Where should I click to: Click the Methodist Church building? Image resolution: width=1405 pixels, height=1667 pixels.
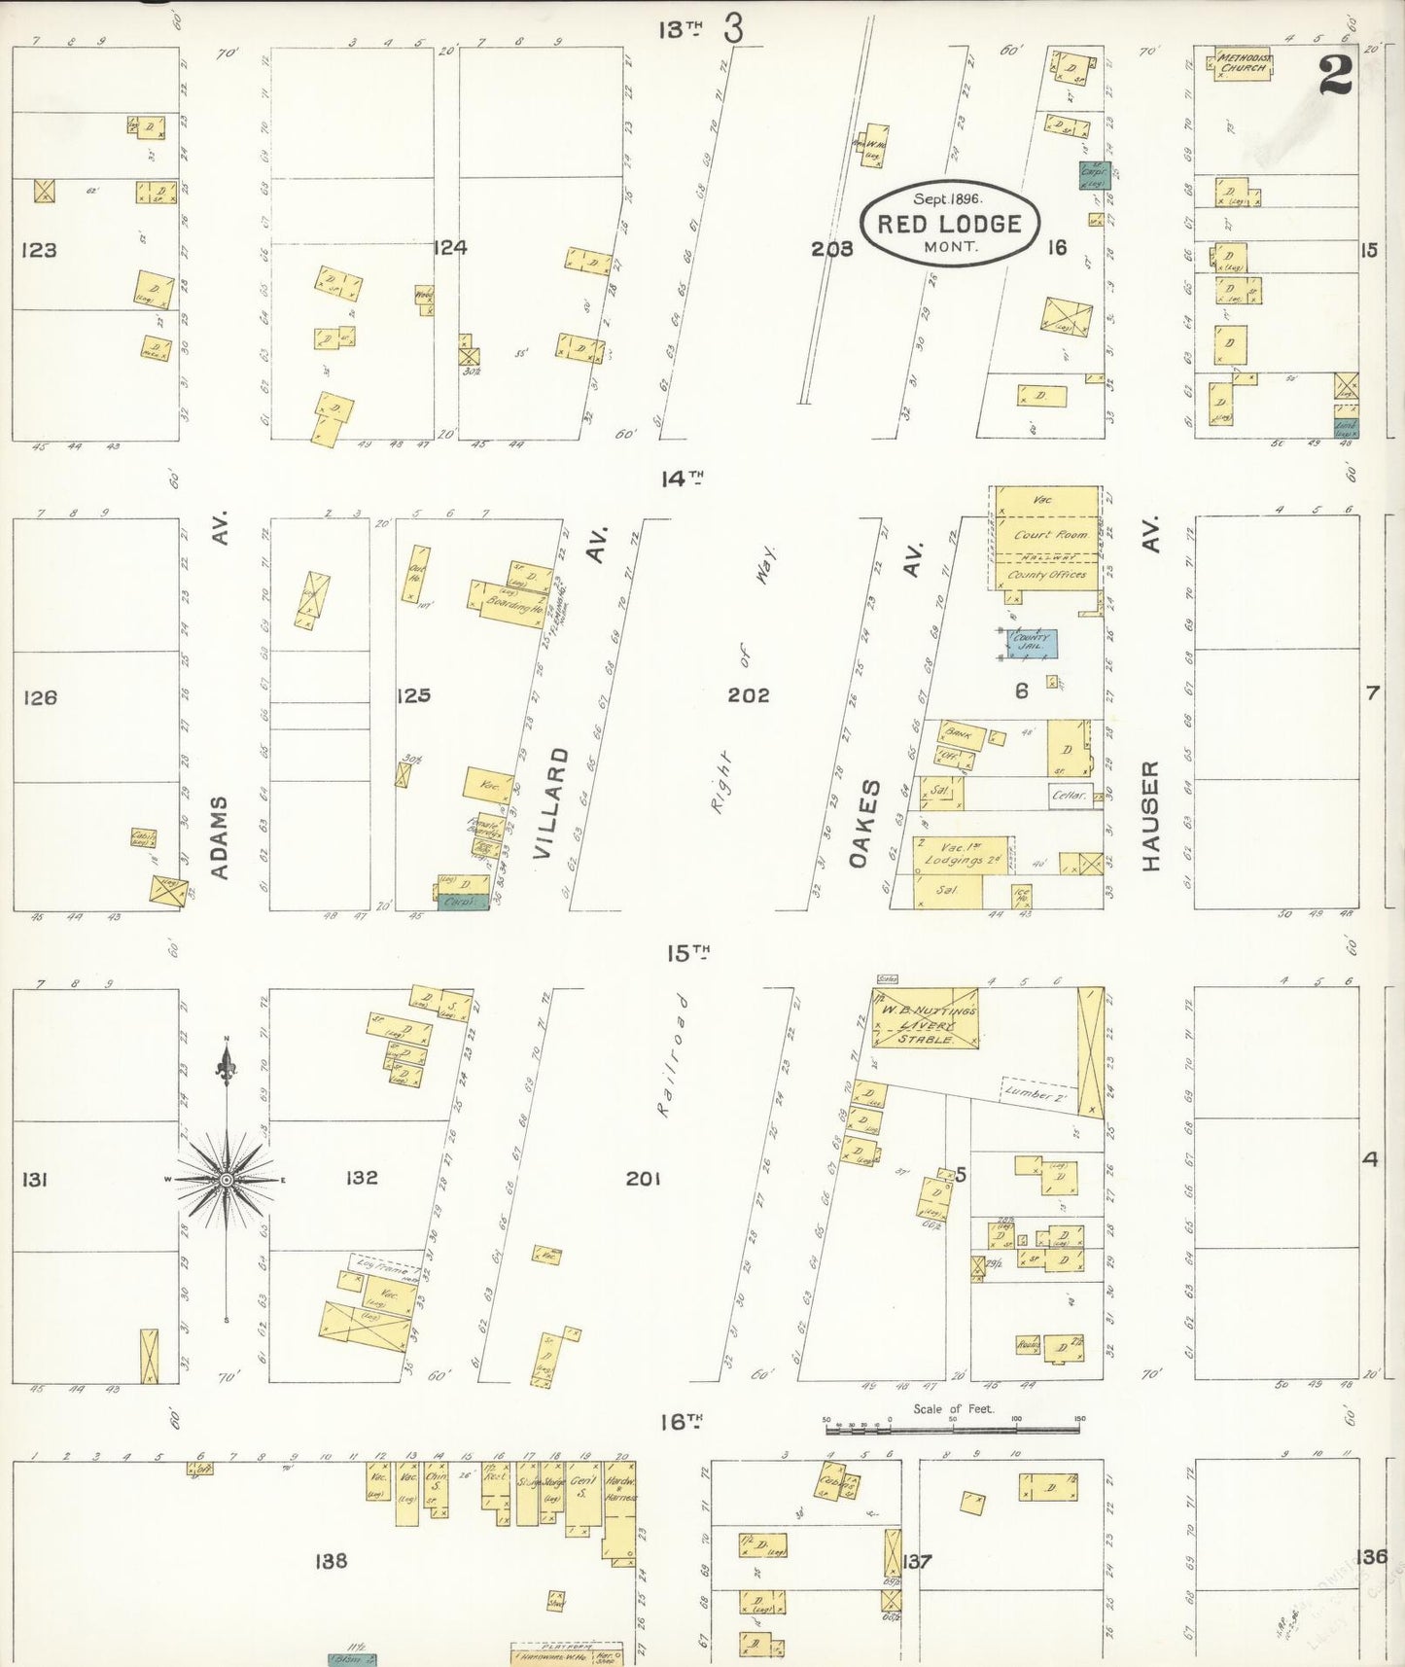click(x=1242, y=64)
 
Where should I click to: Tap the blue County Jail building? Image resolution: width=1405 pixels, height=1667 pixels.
click(x=1030, y=643)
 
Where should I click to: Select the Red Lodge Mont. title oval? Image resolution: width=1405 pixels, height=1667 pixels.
click(x=949, y=224)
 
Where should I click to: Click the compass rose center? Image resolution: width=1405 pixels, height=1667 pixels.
click(x=227, y=1179)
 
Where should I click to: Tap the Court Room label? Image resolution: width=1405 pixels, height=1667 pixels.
click(x=1050, y=535)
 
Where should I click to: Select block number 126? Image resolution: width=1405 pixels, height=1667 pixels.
click(x=40, y=697)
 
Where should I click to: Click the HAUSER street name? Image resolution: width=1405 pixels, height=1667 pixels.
click(x=1151, y=815)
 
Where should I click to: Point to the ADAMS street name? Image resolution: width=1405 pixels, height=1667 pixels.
click(x=220, y=836)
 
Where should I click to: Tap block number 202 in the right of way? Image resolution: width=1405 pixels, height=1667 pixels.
click(x=749, y=695)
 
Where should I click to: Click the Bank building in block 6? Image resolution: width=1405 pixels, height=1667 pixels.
click(x=961, y=734)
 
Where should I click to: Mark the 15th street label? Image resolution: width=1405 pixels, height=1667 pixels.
click(x=687, y=953)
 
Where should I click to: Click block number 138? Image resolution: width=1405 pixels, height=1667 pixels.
click(x=331, y=1560)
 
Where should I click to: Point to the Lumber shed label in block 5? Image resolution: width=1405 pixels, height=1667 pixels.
click(x=1036, y=1093)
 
